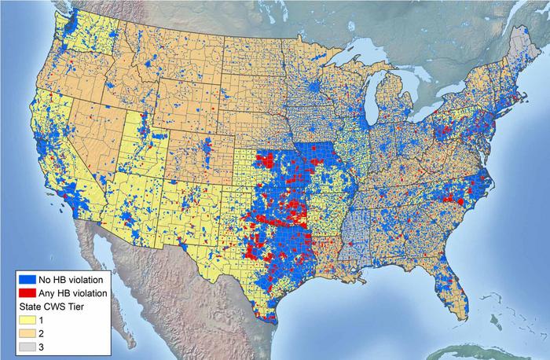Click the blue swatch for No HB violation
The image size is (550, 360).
[x=27, y=277]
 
